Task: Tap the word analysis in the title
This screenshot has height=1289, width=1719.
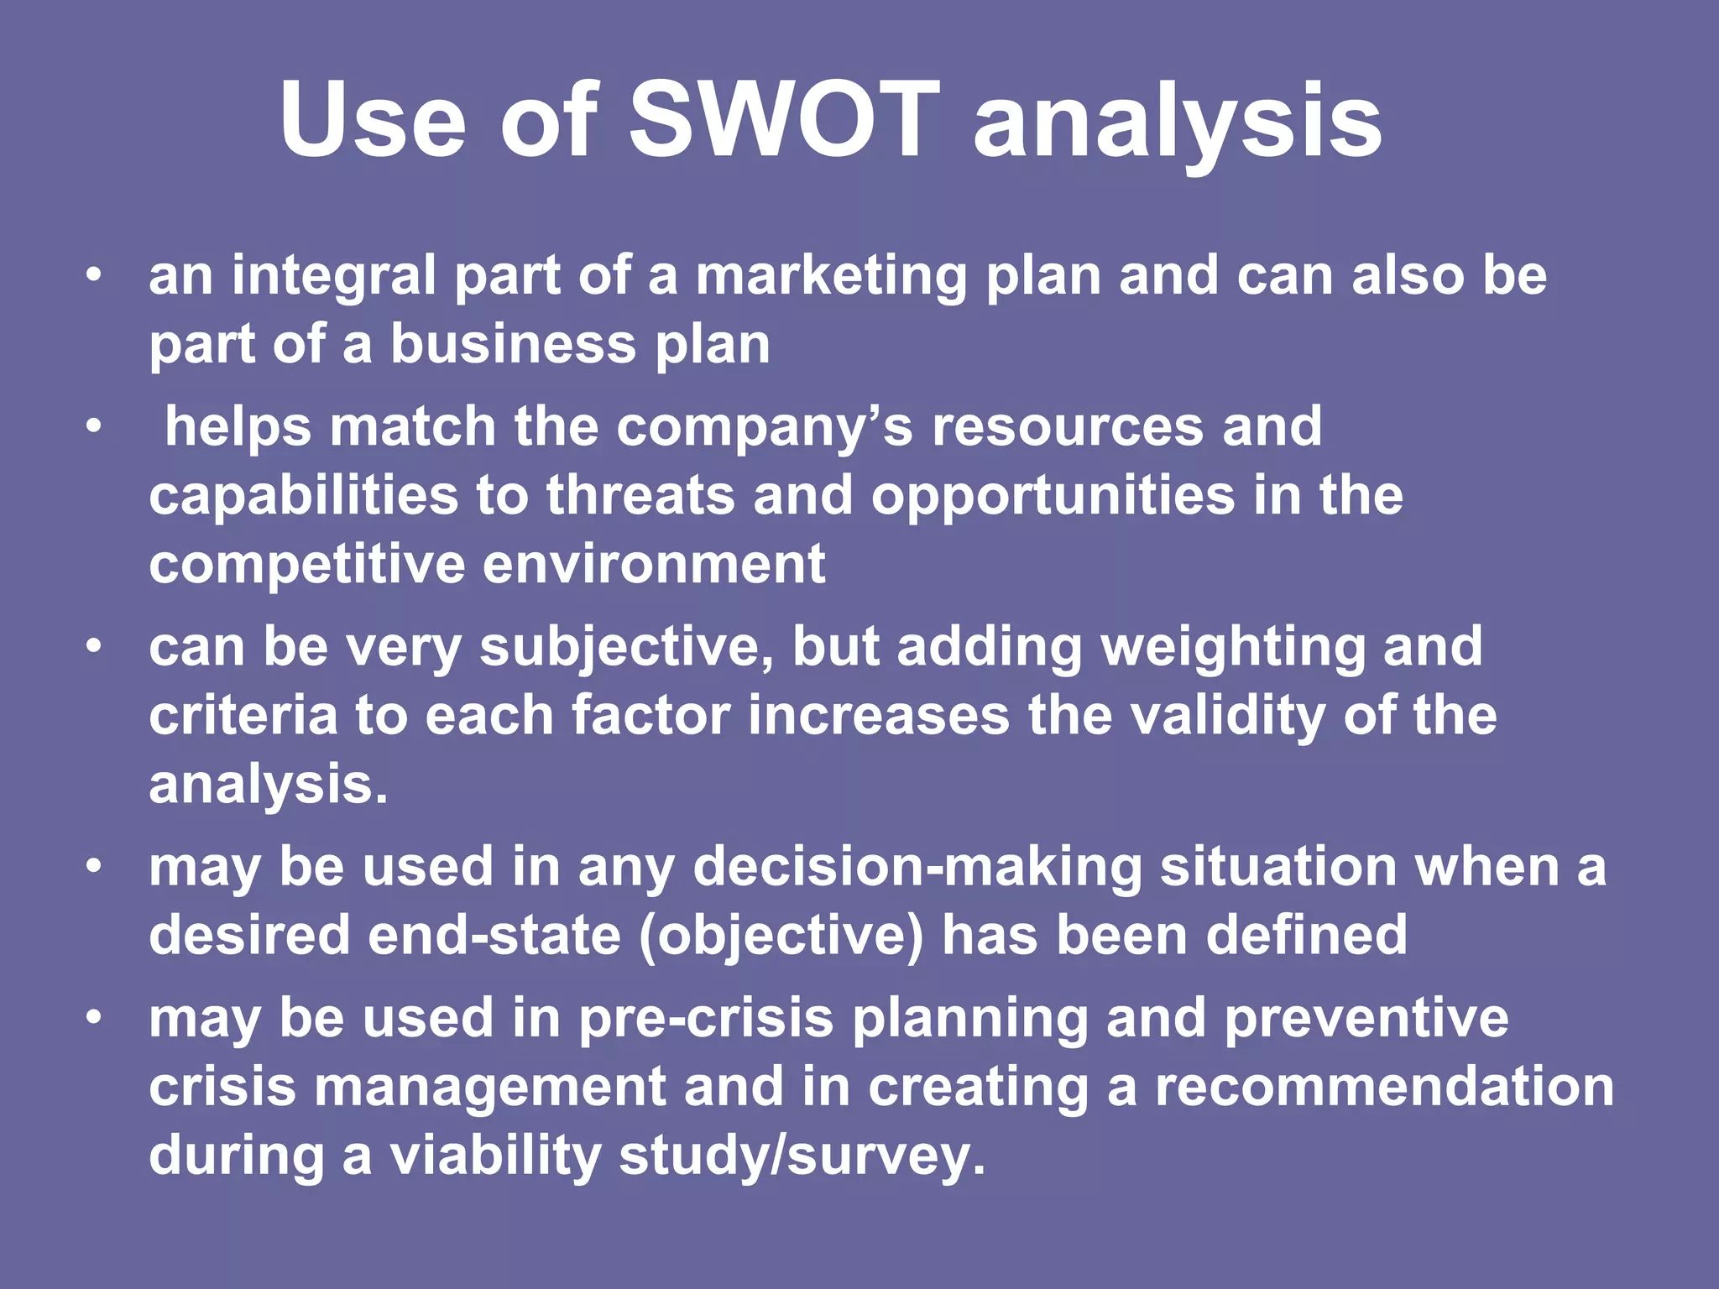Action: point(1177,122)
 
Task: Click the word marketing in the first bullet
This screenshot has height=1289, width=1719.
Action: point(831,277)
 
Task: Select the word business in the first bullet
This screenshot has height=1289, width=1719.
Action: point(513,344)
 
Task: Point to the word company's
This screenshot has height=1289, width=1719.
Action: point(764,428)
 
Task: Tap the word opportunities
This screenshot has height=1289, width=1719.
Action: point(1053,497)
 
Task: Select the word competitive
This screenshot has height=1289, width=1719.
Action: point(306,564)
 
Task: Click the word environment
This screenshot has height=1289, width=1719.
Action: point(654,564)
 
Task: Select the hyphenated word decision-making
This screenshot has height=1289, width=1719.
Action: point(917,868)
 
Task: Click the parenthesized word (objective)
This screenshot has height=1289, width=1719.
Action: point(781,937)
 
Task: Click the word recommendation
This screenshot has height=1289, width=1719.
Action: point(1384,1088)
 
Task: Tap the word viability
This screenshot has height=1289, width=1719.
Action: point(494,1156)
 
